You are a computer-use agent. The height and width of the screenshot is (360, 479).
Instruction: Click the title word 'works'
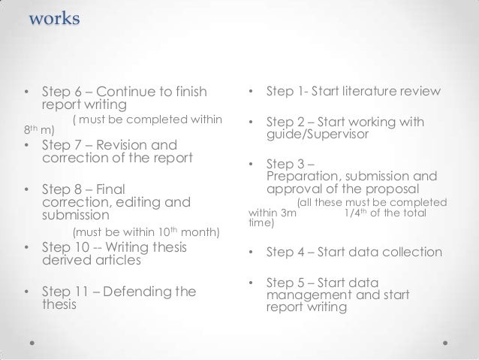pyautogui.click(x=53, y=17)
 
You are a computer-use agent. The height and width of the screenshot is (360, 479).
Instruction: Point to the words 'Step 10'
pyautogui.click(x=68, y=248)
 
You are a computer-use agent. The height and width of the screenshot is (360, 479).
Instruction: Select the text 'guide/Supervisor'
pyautogui.click(x=315, y=136)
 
